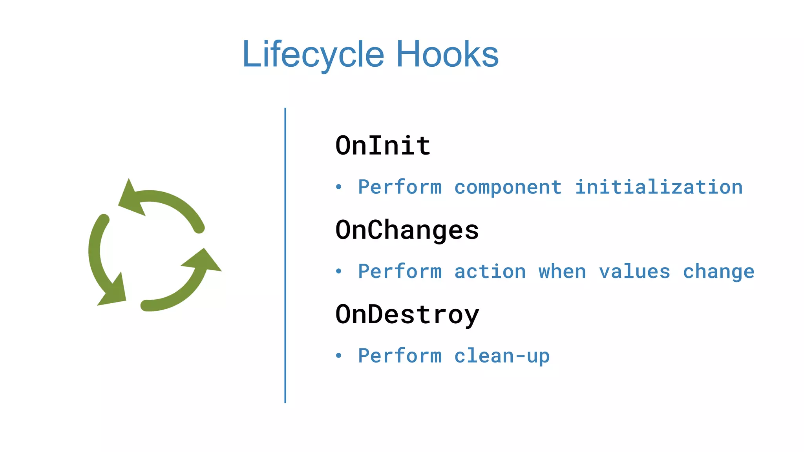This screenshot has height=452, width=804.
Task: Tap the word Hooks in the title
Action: click(x=447, y=55)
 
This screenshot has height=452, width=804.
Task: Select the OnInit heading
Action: click(x=383, y=146)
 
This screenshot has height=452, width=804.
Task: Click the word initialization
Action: click(x=659, y=187)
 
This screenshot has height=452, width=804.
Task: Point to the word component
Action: click(x=508, y=188)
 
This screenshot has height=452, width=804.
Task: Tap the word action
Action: click(x=490, y=272)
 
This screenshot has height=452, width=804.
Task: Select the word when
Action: click(x=562, y=272)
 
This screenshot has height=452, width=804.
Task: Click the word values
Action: click(x=634, y=272)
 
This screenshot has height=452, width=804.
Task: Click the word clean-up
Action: click(x=502, y=356)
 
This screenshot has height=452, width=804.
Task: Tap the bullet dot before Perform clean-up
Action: click(x=339, y=356)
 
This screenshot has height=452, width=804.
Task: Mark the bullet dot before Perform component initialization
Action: click(x=339, y=187)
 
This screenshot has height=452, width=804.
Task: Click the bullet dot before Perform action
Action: click(x=339, y=272)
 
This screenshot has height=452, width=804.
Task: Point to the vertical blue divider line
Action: click(x=285, y=255)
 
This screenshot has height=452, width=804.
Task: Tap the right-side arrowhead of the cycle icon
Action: click(x=204, y=261)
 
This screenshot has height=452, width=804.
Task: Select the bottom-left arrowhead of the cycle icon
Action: click(x=114, y=292)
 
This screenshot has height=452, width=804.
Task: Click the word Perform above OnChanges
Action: click(x=400, y=187)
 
